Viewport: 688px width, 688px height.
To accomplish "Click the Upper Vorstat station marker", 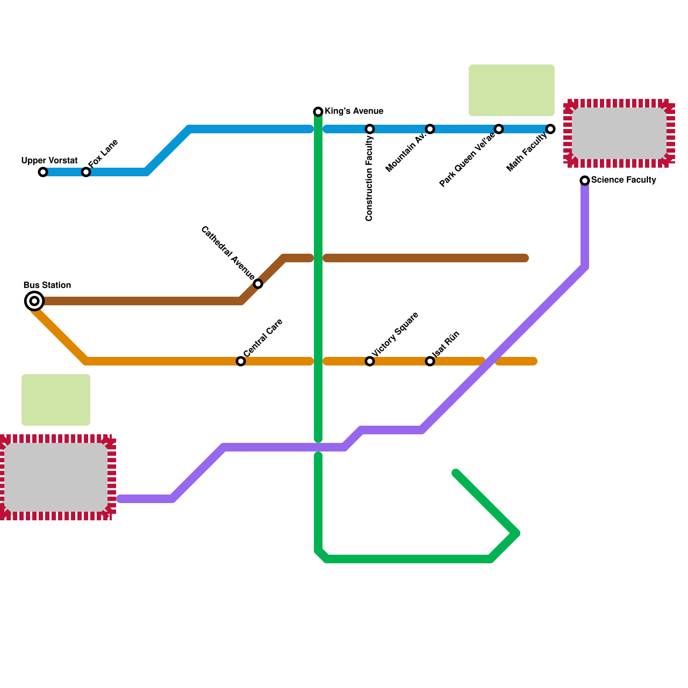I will click(x=43, y=172).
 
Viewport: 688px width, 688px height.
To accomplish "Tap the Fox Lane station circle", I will click(x=86, y=172).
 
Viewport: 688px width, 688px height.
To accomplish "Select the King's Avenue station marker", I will click(x=318, y=112).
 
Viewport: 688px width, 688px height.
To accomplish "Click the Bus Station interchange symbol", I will click(x=34, y=301).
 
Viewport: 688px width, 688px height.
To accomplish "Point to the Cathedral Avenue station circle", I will click(x=258, y=284).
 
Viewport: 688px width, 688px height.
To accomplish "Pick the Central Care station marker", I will click(x=241, y=361).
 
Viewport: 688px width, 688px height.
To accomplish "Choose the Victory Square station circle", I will click(x=370, y=361).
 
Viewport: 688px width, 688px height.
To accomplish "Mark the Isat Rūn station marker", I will click(x=430, y=361).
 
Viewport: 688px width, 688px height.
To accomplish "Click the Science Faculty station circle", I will click(x=585, y=181).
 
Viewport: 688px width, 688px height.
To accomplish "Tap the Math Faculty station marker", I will click(x=550, y=129).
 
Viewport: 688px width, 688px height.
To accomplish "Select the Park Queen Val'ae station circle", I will click(x=499, y=129).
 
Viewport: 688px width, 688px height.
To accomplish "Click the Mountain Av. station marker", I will click(x=430, y=129).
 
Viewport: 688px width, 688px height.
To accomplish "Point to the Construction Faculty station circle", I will click(x=370, y=129).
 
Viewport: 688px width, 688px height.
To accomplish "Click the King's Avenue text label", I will click(x=354, y=111).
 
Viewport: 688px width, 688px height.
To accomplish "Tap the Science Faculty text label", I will click(x=623, y=180).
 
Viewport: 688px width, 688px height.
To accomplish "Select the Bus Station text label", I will click(x=47, y=285).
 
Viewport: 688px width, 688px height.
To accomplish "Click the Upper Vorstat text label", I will click(x=49, y=161).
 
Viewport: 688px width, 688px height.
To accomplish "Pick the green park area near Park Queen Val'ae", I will click(x=512, y=90).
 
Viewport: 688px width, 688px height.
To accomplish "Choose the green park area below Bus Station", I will click(x=56, y=400).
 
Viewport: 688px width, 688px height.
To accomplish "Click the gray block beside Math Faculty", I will click(x=619, y=133).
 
